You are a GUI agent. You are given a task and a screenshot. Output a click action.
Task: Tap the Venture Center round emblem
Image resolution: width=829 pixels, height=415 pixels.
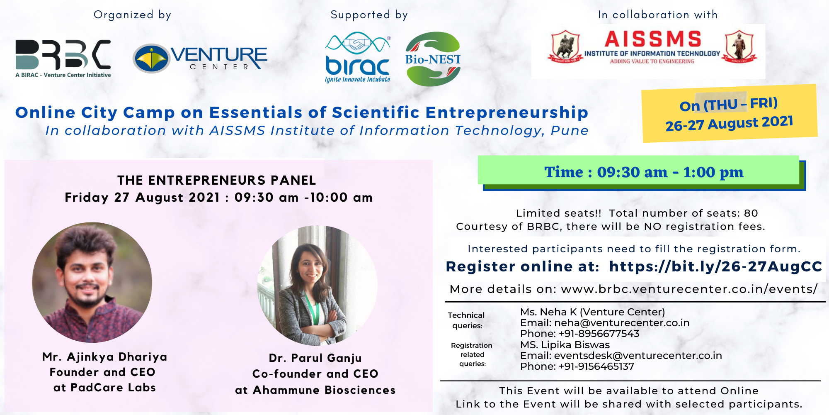[152, 59]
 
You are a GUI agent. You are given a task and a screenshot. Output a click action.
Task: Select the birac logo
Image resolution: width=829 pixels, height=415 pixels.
[358, 57]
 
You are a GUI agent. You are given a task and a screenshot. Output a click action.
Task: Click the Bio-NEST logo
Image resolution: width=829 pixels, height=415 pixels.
[433, 59]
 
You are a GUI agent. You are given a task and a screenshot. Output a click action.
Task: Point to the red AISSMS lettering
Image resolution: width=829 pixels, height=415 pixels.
[653, 39]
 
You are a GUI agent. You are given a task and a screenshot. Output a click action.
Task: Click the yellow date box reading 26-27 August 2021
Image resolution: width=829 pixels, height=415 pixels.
[730, 113]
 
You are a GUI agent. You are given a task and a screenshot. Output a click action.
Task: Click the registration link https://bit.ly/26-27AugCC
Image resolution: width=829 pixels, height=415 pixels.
[716, 266]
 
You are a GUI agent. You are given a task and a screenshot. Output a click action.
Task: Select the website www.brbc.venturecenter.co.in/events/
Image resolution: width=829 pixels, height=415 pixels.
[689, 289]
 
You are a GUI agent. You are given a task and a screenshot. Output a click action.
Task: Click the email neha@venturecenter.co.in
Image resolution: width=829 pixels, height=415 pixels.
[622, 323]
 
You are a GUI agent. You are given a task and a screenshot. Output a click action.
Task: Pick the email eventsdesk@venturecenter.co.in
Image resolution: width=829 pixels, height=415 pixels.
[638, 356]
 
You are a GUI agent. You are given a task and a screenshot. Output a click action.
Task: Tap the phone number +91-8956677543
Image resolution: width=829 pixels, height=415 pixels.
[599, 334]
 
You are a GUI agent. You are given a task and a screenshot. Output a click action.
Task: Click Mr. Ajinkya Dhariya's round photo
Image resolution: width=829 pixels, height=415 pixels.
[92, 282]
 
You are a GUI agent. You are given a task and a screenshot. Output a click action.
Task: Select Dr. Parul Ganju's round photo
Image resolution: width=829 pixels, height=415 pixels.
[317, 286]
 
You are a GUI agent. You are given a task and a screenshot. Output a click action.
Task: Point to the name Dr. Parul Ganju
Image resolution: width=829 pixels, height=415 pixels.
[315, 358]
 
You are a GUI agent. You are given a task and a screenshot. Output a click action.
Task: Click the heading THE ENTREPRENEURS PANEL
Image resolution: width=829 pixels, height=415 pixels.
[217, 180]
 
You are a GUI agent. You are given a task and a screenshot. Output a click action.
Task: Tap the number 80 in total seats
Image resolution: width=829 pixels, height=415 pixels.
[751, 213]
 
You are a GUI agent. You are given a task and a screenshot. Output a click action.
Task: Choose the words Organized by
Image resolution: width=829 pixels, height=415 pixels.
[132, 15]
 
